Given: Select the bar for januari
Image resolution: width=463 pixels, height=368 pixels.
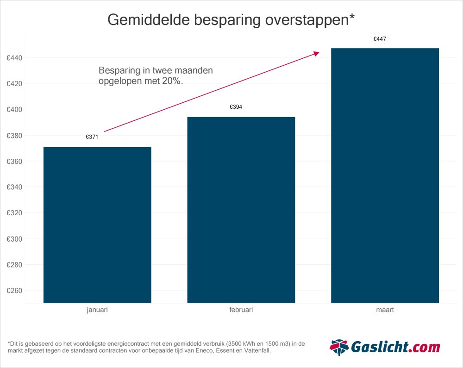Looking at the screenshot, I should coord(97,225).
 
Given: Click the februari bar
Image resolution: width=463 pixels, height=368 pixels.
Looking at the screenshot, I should coord(241,210).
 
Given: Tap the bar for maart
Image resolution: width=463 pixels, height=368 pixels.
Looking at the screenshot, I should coord(385,176).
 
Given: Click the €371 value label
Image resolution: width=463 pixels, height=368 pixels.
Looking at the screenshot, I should coord(92,137).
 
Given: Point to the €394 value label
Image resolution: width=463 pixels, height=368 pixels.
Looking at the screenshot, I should coord(236,107).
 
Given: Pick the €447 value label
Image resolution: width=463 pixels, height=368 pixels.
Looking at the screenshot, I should coord(380,39).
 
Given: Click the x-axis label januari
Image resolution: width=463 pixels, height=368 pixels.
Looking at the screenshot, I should coord(97,310).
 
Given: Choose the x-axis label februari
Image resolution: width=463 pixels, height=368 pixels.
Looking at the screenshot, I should coord(241,310).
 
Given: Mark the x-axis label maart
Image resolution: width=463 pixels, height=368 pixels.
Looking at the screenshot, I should coord(385,310).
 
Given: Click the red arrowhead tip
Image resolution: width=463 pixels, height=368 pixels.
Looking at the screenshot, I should coord(319,53).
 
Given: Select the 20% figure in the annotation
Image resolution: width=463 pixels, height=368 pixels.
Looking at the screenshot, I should coord(174,81).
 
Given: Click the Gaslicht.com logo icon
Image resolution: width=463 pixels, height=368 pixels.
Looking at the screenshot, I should coord(338,347).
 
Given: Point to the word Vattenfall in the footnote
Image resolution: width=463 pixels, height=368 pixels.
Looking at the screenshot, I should coord(254,351).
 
